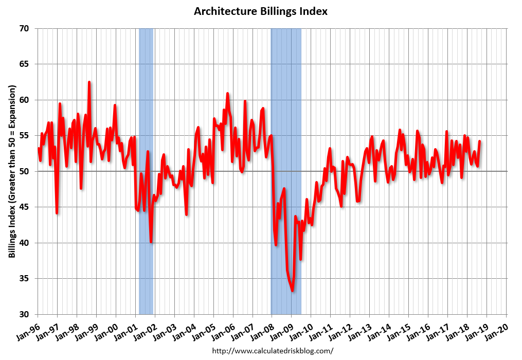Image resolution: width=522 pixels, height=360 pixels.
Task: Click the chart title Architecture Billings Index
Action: [x=261, y=11]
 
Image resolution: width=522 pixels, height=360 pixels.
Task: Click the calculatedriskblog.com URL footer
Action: [x=273, y=351]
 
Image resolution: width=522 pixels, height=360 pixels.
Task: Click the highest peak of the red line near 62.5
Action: [x=89, y=82]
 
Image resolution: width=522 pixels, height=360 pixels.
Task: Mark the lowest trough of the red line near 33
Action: [x=292, y=291]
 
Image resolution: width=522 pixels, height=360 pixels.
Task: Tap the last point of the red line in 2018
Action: [x=479, y=141]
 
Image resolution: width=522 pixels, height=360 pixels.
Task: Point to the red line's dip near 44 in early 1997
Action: [x=57, y=212]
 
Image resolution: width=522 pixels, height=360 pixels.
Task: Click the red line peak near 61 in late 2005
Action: [x=227, y=94]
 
